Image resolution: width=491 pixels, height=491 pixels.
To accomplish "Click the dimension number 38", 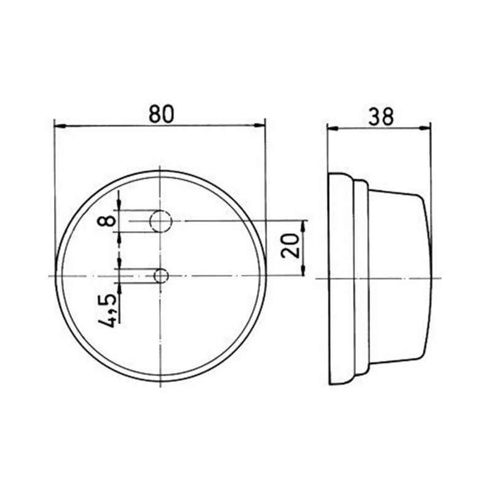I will tap(380, 116).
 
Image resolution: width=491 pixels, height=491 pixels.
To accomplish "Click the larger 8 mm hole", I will tap(161, 220).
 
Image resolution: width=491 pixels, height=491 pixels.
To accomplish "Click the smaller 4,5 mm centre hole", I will tap(161, 276).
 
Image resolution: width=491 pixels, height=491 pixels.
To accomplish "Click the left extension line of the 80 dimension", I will tap(55, 184).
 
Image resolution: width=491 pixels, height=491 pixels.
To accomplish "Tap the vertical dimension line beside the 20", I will tap(305, 247).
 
